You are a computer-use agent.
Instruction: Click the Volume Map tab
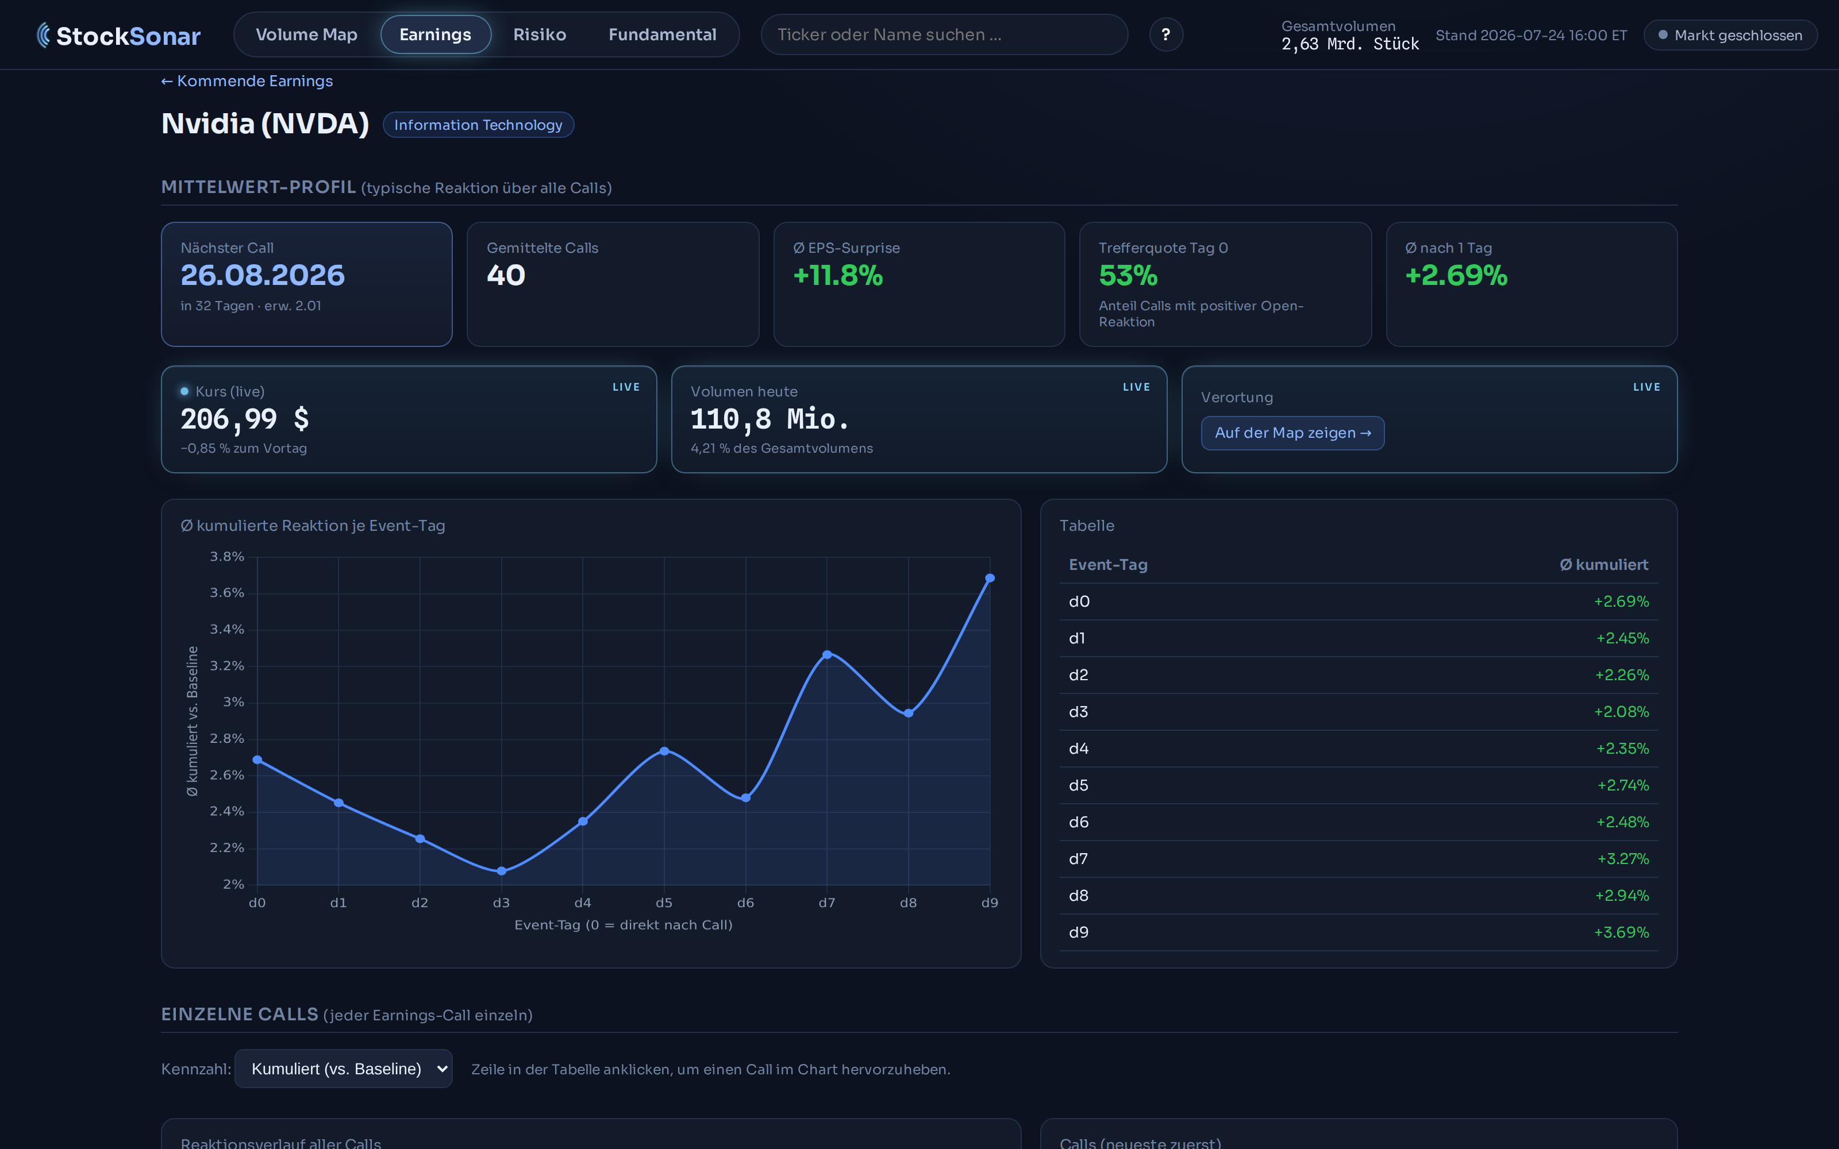pos(306,35)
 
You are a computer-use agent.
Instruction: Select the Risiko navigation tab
pos(540,35)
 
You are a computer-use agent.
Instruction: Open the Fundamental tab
pos(662,35)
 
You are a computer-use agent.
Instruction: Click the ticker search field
pos(944,35)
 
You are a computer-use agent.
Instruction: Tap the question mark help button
pos(1165,35)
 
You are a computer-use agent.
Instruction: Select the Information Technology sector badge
pos(478,125)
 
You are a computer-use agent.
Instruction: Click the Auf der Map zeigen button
pos(1292,433)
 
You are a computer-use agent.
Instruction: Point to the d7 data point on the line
pos(827,654)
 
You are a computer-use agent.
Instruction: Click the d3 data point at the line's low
pos(502,871)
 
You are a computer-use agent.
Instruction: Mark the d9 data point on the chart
pos(990,579)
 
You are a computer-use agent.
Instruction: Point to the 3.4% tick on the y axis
pos(226,629)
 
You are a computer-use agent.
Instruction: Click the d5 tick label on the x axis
pos(664,903)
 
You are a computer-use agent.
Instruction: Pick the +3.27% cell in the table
pos(1622,859)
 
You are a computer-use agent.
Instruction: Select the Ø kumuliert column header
pos(1603,565)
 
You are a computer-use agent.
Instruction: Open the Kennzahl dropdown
pos(344,1069)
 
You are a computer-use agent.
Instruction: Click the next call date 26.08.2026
pos(262,275)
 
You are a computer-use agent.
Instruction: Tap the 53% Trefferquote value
pos(1128,275)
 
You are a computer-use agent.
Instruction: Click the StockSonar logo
pos(118,36)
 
